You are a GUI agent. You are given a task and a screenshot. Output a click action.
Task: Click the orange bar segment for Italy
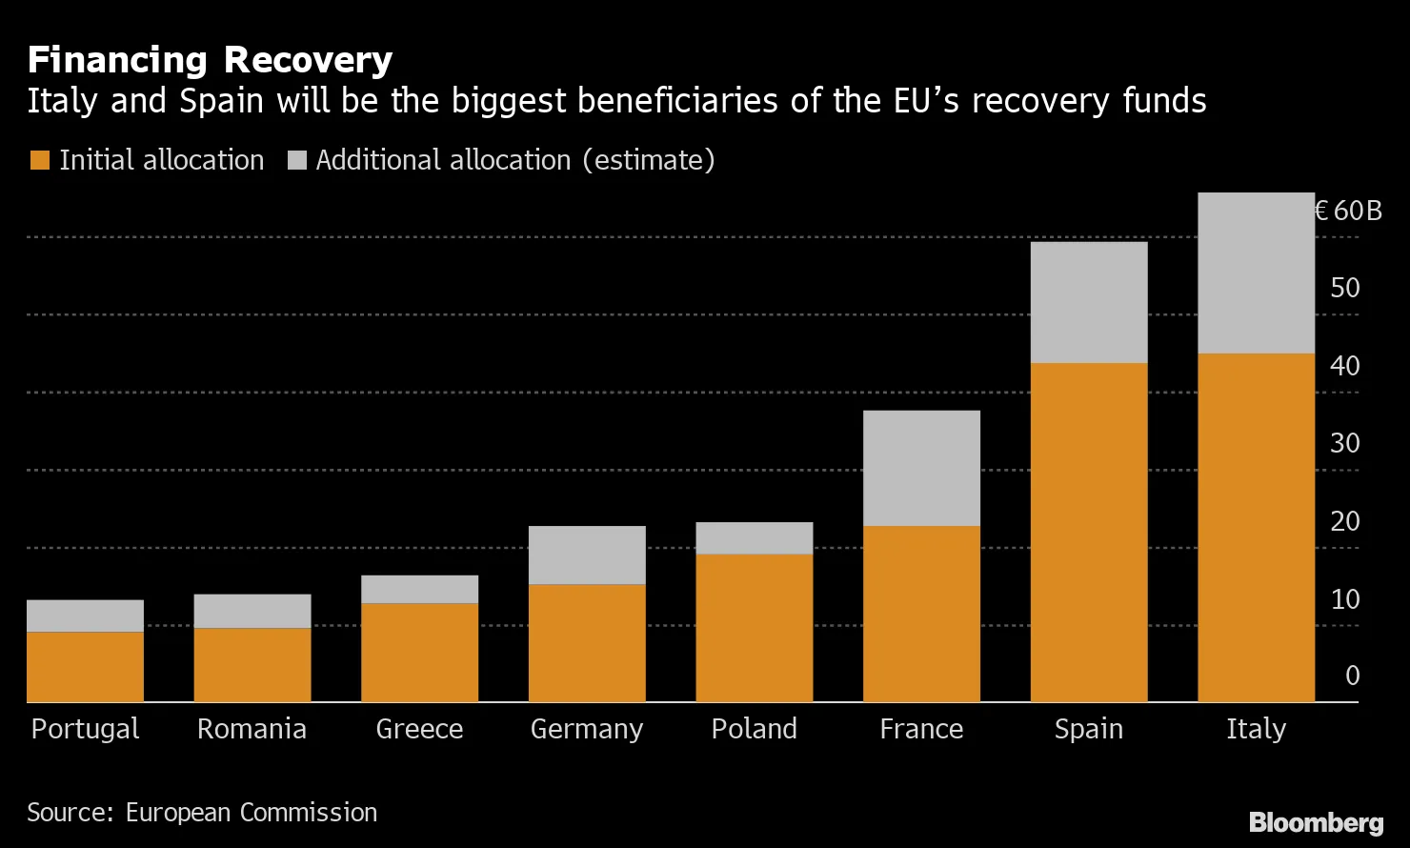[x=1256, y=528]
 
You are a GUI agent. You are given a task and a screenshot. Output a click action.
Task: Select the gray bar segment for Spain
[x=1089, y=302]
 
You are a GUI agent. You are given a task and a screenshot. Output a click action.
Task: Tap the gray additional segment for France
[x=921, y=468]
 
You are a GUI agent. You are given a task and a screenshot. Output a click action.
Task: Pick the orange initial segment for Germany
[x=587, y=643]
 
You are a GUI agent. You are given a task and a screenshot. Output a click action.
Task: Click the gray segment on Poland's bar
[x=754, y=538]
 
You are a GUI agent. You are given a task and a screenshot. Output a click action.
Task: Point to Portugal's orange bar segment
[x=85, y=667]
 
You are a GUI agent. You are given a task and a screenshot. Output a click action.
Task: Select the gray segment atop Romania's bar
[x=252, y=611]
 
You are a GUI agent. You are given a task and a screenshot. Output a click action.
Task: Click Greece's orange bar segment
[x=419, y=653]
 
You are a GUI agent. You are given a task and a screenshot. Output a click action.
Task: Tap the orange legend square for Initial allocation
[x=39, y=160]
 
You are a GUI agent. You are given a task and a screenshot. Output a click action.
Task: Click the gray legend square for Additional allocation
[x=296, y=160]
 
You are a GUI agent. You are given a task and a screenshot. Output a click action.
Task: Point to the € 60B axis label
[x=1347, y=211]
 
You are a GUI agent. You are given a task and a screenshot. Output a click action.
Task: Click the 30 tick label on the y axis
[x=1345, y=443]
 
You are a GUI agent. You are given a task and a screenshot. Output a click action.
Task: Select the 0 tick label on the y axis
[x=1353, y=676]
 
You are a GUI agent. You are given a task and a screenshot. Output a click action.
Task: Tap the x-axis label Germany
[x=587, y=729]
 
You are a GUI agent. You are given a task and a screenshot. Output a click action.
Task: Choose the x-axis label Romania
[x=252, y=729]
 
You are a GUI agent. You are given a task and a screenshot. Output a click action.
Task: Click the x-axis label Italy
[x=1256, y=729]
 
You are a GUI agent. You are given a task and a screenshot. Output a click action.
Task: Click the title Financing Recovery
[x=210, y=60]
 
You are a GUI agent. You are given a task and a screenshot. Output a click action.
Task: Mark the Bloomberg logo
[x=1316, y=821]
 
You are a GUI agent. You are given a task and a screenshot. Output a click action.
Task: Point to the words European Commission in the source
[x=252, y=812]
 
